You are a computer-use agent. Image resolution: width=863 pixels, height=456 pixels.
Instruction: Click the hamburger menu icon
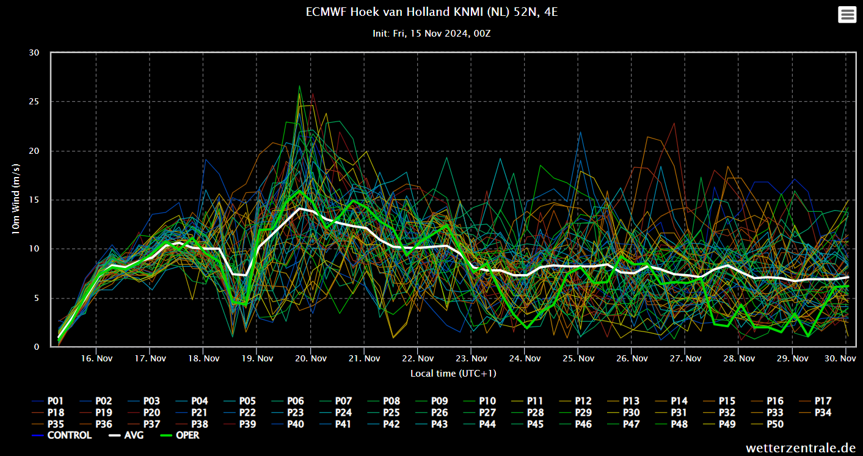point(847,15)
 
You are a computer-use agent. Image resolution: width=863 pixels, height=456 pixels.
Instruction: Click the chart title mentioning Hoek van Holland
point(431,12)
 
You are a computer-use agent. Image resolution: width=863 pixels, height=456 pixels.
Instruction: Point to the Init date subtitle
point(431,34)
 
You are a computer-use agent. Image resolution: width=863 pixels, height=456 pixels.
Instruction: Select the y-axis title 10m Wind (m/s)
point(16,200)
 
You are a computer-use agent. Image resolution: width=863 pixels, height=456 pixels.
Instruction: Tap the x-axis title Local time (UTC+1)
point(453,373)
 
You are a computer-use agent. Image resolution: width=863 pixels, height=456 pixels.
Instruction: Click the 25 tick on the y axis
point(34,101)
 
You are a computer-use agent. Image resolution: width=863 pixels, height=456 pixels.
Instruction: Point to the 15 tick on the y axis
point(34,200)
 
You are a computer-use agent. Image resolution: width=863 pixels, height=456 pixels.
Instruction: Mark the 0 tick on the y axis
point(37,347)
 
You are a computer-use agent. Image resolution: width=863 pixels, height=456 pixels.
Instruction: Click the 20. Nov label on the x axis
point(310,358)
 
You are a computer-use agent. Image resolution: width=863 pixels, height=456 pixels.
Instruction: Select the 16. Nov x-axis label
point(96,358)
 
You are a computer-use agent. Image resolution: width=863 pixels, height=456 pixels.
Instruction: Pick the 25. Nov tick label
point(578,358)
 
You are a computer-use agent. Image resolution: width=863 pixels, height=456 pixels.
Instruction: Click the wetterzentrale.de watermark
point(801,448)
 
